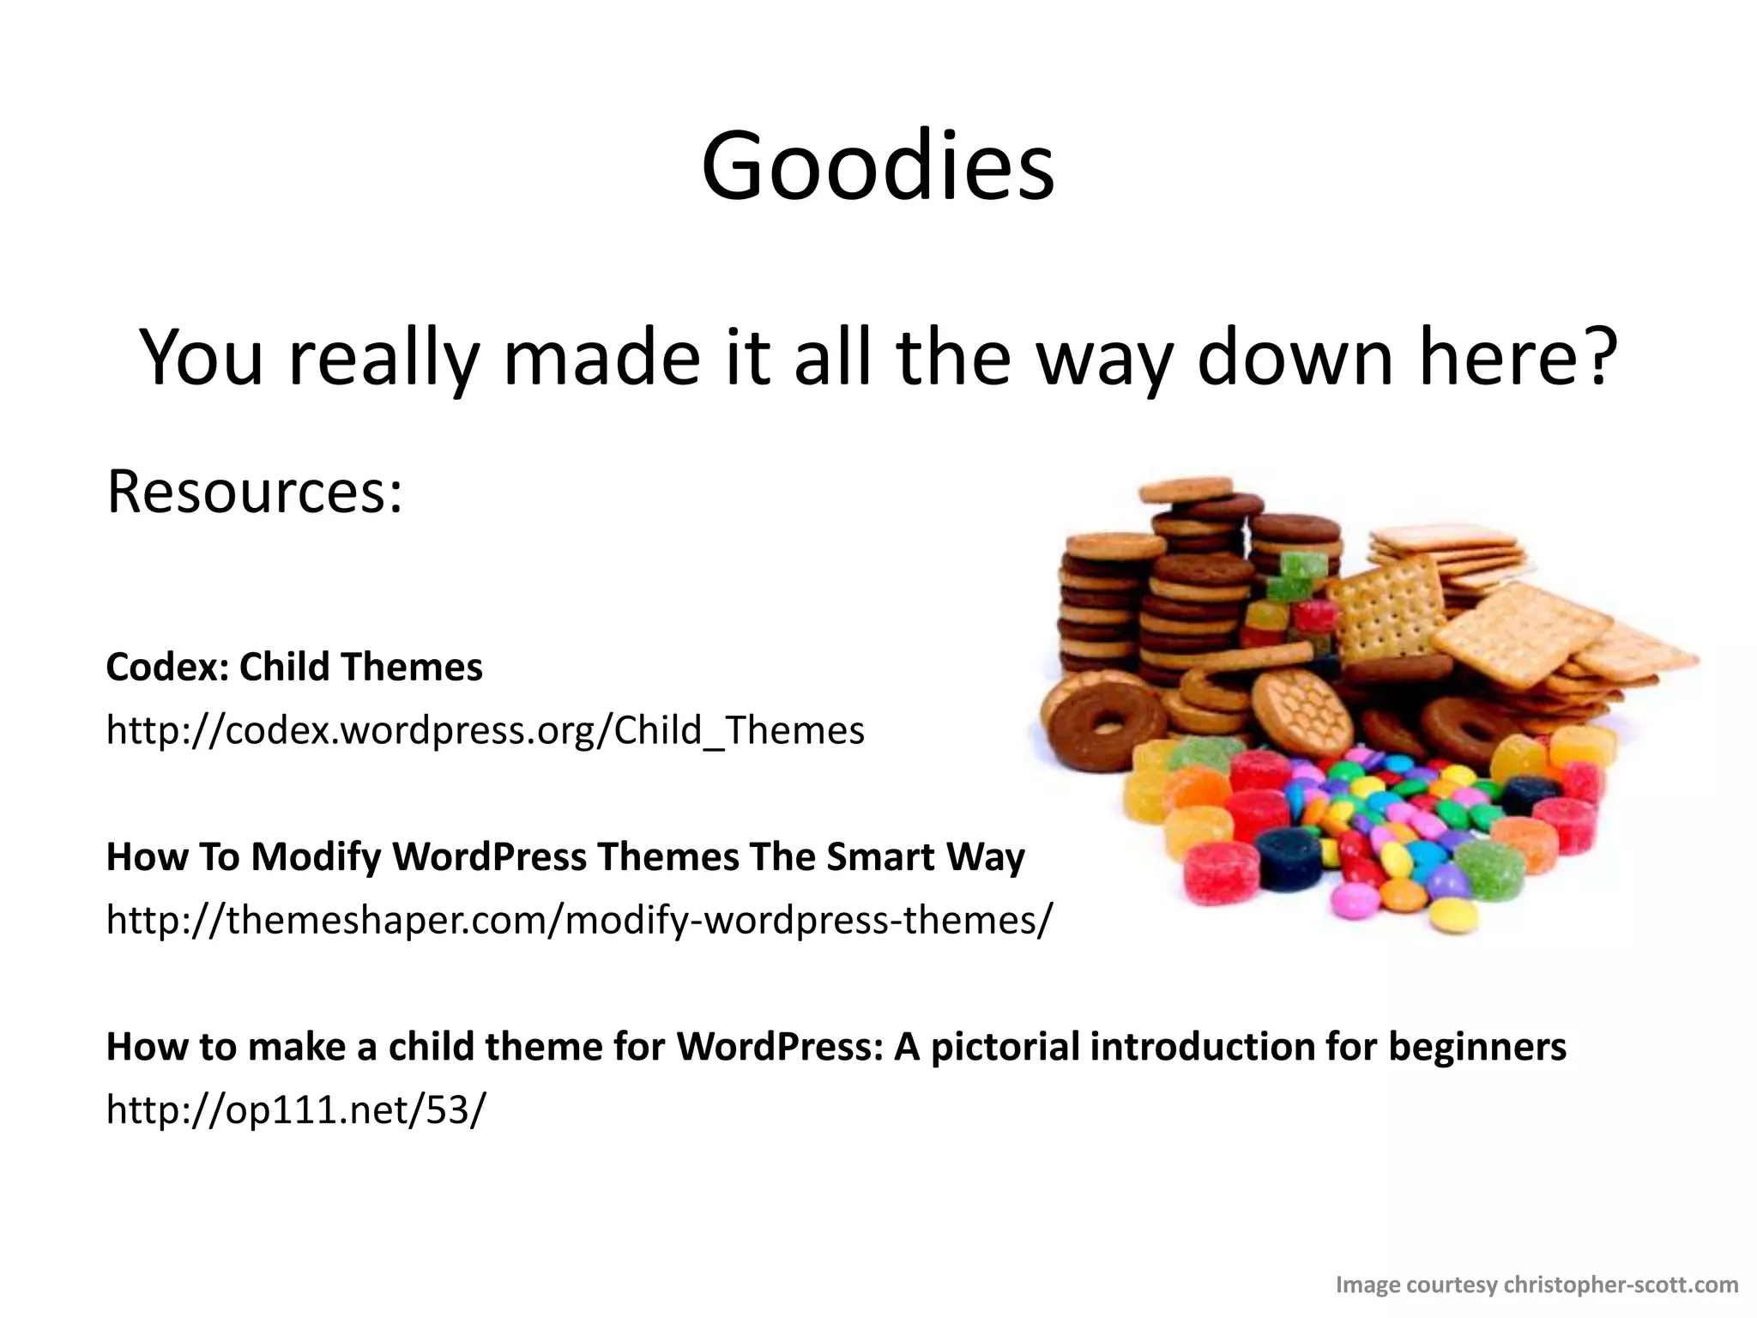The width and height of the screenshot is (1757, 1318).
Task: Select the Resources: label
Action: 254,493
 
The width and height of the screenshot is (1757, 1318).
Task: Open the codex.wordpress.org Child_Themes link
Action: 485,730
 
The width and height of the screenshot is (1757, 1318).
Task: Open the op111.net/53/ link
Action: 295,1109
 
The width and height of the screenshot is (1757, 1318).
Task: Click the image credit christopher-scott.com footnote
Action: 1537,1285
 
